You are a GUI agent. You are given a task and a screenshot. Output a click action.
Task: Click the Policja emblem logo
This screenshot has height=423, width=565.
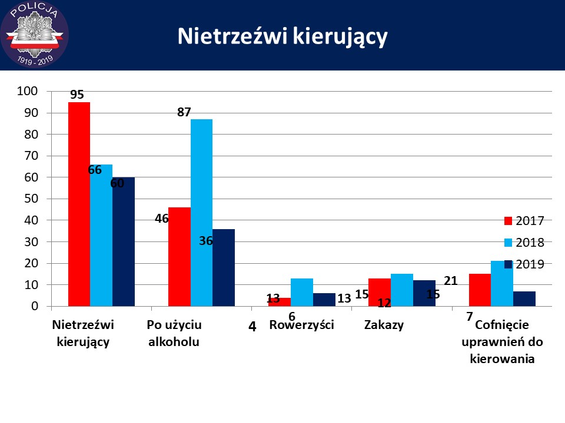[x=34, y=35]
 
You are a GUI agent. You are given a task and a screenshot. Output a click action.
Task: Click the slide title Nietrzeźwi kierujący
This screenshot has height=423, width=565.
[x=282, y=36]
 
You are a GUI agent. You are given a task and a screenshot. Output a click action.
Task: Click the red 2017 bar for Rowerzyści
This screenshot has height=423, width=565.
[x=279, y=302]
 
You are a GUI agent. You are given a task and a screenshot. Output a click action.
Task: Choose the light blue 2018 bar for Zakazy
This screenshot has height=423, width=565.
[x=402, y=290]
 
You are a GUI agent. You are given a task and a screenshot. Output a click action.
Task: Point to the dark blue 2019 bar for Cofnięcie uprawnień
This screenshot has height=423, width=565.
[x=524, y=298]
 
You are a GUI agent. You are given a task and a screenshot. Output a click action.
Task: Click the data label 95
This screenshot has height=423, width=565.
[x=77, y=95]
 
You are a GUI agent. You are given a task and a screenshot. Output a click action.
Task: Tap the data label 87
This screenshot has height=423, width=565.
[x=184, y=112]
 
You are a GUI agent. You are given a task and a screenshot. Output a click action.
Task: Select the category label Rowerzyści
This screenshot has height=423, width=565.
[x=301, y=325]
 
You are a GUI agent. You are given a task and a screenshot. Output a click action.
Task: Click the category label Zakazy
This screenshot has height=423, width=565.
[x=384, y=325]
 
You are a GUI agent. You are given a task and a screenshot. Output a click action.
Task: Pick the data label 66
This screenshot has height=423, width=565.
[x=95, y=170]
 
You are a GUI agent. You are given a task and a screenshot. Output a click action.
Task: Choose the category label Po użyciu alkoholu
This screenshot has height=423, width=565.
[x=174, y=333]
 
